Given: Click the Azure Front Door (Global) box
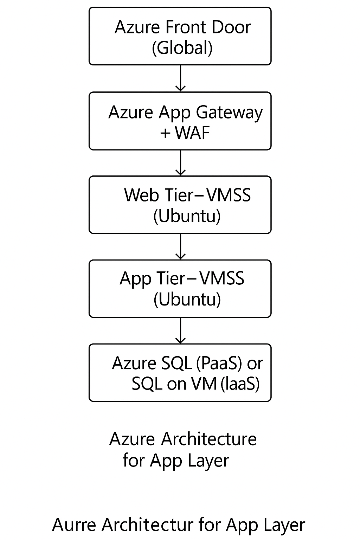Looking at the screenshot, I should pyautogui.click(x=180, y=36).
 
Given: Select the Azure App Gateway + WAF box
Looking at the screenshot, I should pyautogui.click(x=180, y=121).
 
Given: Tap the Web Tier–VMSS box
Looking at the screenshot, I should pyautogui.click(x=180, y=205).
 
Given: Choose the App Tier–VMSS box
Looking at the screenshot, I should pyautogui.click(x=180, y=289).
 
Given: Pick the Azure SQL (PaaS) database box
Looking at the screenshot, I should pyautogui.click(x=180, y=373).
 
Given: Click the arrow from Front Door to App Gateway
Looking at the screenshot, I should pyautogui.click(x=180, y=78).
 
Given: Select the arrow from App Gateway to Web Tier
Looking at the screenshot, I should pyautogui.click(x=180, y=163).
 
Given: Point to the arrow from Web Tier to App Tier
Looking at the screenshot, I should pyautogui.click(x=180, y=246).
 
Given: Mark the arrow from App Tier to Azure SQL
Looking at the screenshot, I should pyautogui.click(x=180, y=330).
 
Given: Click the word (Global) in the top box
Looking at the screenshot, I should pyautogui.click(x=182, y=48).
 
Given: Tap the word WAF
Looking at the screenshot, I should pyautogui.click(x=192, y=133).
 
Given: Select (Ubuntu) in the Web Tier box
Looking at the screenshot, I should pyautogui.click(x=187, y=216).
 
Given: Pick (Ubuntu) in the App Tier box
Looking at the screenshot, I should pyautogui.click(x=187, y=300).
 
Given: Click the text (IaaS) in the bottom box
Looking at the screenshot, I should pyautogui.click(x=240, y=384).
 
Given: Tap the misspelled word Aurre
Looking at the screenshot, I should pyautogui.click(x=74, y=525).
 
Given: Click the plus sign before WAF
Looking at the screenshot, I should pyautogui.click(x=165, y=133).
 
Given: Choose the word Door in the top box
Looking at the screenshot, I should pyautogui.click(x=233, y=27).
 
